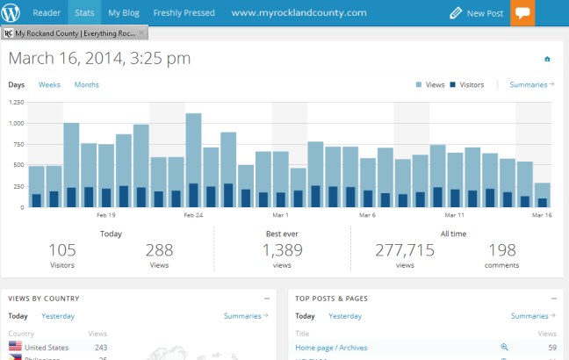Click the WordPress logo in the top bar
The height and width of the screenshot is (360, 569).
point(11,13)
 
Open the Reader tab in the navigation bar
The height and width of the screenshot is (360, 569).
point(47,13)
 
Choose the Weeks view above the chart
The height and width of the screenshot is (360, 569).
point(49,85)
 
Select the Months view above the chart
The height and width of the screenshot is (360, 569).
point(86,85)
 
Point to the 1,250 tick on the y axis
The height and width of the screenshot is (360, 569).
point(16,102)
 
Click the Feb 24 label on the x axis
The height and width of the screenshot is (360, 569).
point(193,214)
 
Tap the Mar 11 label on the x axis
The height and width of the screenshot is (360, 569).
point(454,214)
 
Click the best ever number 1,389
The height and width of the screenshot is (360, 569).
point(283,250)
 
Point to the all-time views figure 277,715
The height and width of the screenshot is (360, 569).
point(405,250)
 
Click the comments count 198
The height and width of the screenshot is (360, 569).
point(501,250)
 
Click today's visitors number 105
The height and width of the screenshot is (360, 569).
point(62,250)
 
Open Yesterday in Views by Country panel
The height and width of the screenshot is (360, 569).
point(58,316)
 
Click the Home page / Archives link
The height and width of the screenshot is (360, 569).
point(331,348)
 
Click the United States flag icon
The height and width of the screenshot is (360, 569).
point(16,348)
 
